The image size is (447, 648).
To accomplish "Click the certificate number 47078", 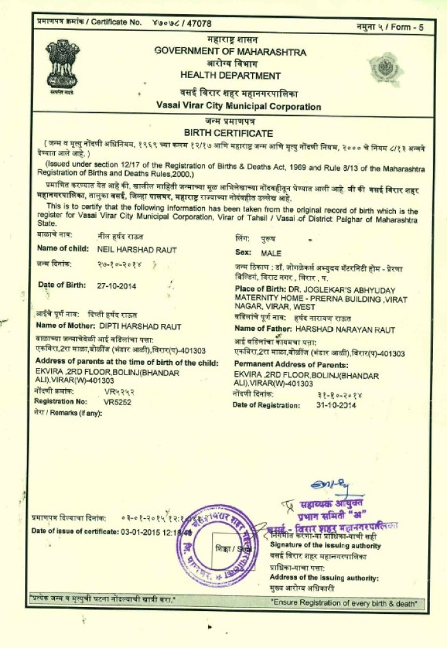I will pyautogui.click(x=197, y=23).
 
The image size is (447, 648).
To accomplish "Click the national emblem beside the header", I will pyautogui.click(x=63, y=66).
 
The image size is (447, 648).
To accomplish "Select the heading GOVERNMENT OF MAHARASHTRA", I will pyautogui.click(x=230, y=52).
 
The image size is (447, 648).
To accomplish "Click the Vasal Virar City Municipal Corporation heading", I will pyautogui.click(x=238, y=106).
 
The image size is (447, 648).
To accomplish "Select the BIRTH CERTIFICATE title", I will pyautogui.click(x=228, y=133).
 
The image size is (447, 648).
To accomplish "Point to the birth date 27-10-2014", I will pyautogui.click(x=117, y=286).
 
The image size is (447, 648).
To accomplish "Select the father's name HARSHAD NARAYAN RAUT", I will pyautogui.click(x=345, y=330).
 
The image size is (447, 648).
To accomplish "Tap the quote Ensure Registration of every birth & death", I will pyautogui.click(x=344, y=602).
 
